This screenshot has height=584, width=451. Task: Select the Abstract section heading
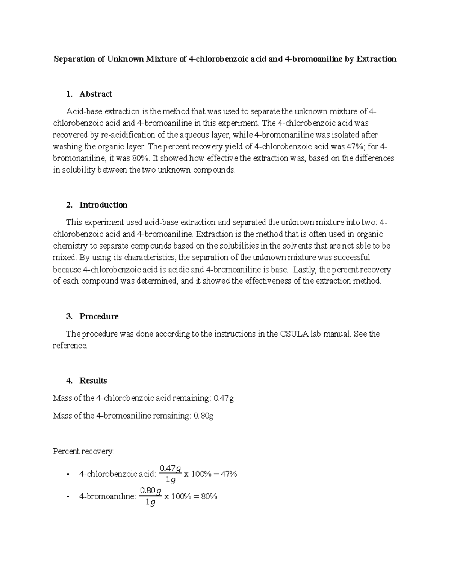click(95, 94)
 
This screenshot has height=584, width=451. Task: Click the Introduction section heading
click(103, 205)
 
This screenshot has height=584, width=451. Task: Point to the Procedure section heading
click(99, 316)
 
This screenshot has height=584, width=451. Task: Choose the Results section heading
click(93, 381)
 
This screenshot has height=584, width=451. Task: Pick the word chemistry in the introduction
click(70, 246)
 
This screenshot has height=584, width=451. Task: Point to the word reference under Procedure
click(70, 346)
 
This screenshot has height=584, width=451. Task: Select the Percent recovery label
click(83, 451)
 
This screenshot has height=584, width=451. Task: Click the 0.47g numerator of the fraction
click(170, 469)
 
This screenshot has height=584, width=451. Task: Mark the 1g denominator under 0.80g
click(150, 502)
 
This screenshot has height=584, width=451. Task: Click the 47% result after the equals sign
click(229, 474)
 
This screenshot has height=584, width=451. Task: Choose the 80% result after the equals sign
click(209, 496)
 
